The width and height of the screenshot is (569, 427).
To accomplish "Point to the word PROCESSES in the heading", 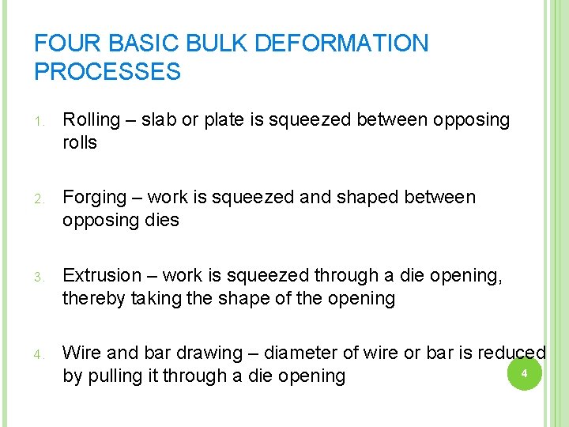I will (107, 73).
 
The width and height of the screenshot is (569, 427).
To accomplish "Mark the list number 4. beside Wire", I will (40, 354).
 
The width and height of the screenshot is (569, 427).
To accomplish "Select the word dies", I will (162, 221).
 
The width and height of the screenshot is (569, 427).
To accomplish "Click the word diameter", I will (303, 353).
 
